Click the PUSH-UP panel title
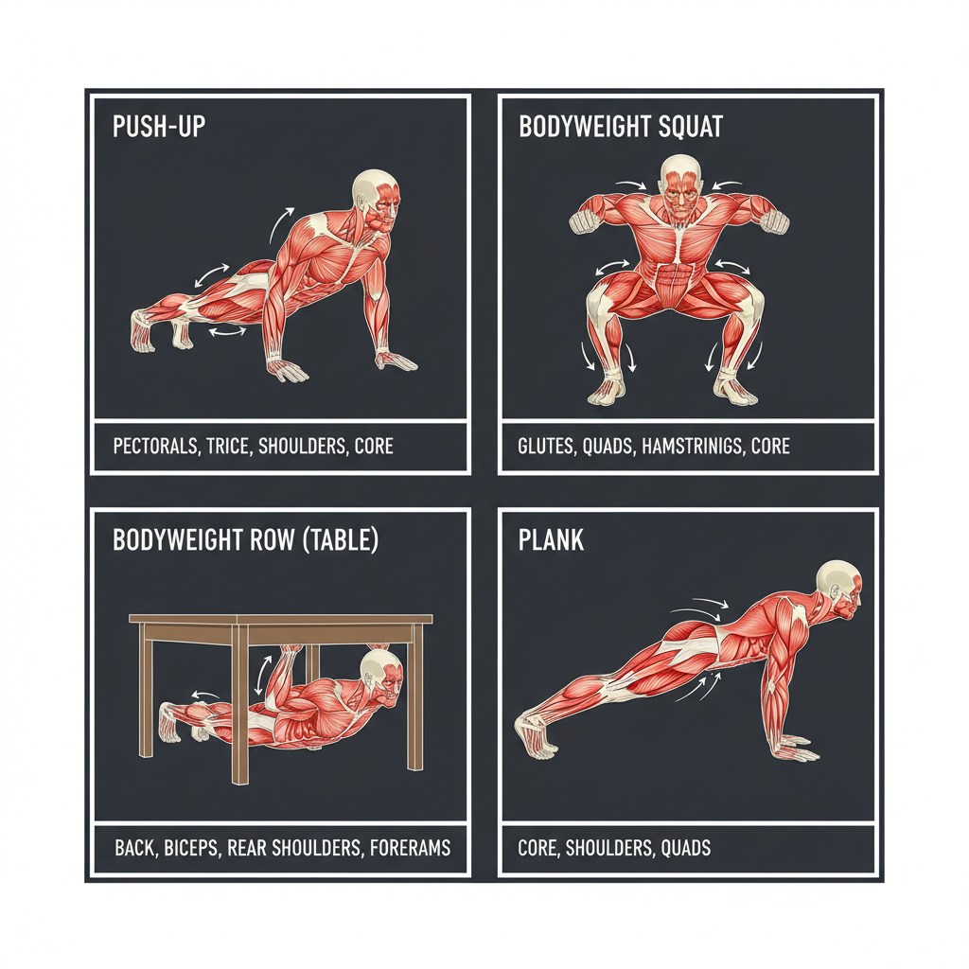coord(159,126)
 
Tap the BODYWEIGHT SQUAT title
coord(621,126)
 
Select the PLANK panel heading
coord(551,539)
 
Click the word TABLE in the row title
coord(341,539)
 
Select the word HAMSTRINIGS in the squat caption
coord(693,446)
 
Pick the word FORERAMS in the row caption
coord(411,847)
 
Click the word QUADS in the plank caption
coord(686,847)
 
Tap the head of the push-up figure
coord(377,196)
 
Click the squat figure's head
coord(680,186)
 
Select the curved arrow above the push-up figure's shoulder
coord(281,225)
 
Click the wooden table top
coord(280,619)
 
